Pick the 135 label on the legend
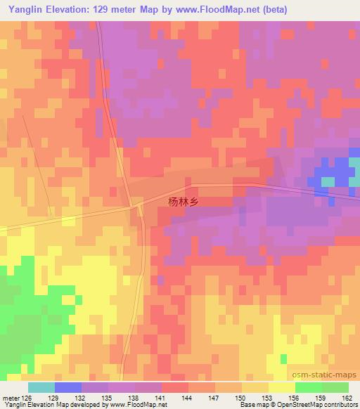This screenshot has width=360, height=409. (109, 397)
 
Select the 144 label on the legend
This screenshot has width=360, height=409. (189, 397)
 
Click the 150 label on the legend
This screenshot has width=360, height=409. (242, 397)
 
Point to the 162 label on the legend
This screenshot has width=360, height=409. (348, 397)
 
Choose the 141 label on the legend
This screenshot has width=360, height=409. (162, 397)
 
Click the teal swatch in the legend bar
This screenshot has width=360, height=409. (41, 387)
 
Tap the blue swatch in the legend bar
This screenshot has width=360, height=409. (68, 387)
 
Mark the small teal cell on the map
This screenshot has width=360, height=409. (328, 181)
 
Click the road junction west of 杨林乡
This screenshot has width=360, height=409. (136, 206)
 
